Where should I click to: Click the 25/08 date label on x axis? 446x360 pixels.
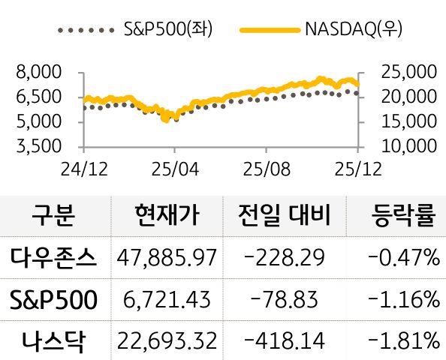(266, 169)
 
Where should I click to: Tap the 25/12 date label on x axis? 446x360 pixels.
(358, 169)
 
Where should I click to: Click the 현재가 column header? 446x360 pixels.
(167, 217)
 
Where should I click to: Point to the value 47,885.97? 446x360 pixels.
(167, 259)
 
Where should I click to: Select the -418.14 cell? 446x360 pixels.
(285, 342)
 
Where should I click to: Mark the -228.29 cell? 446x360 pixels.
(285, 259)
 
